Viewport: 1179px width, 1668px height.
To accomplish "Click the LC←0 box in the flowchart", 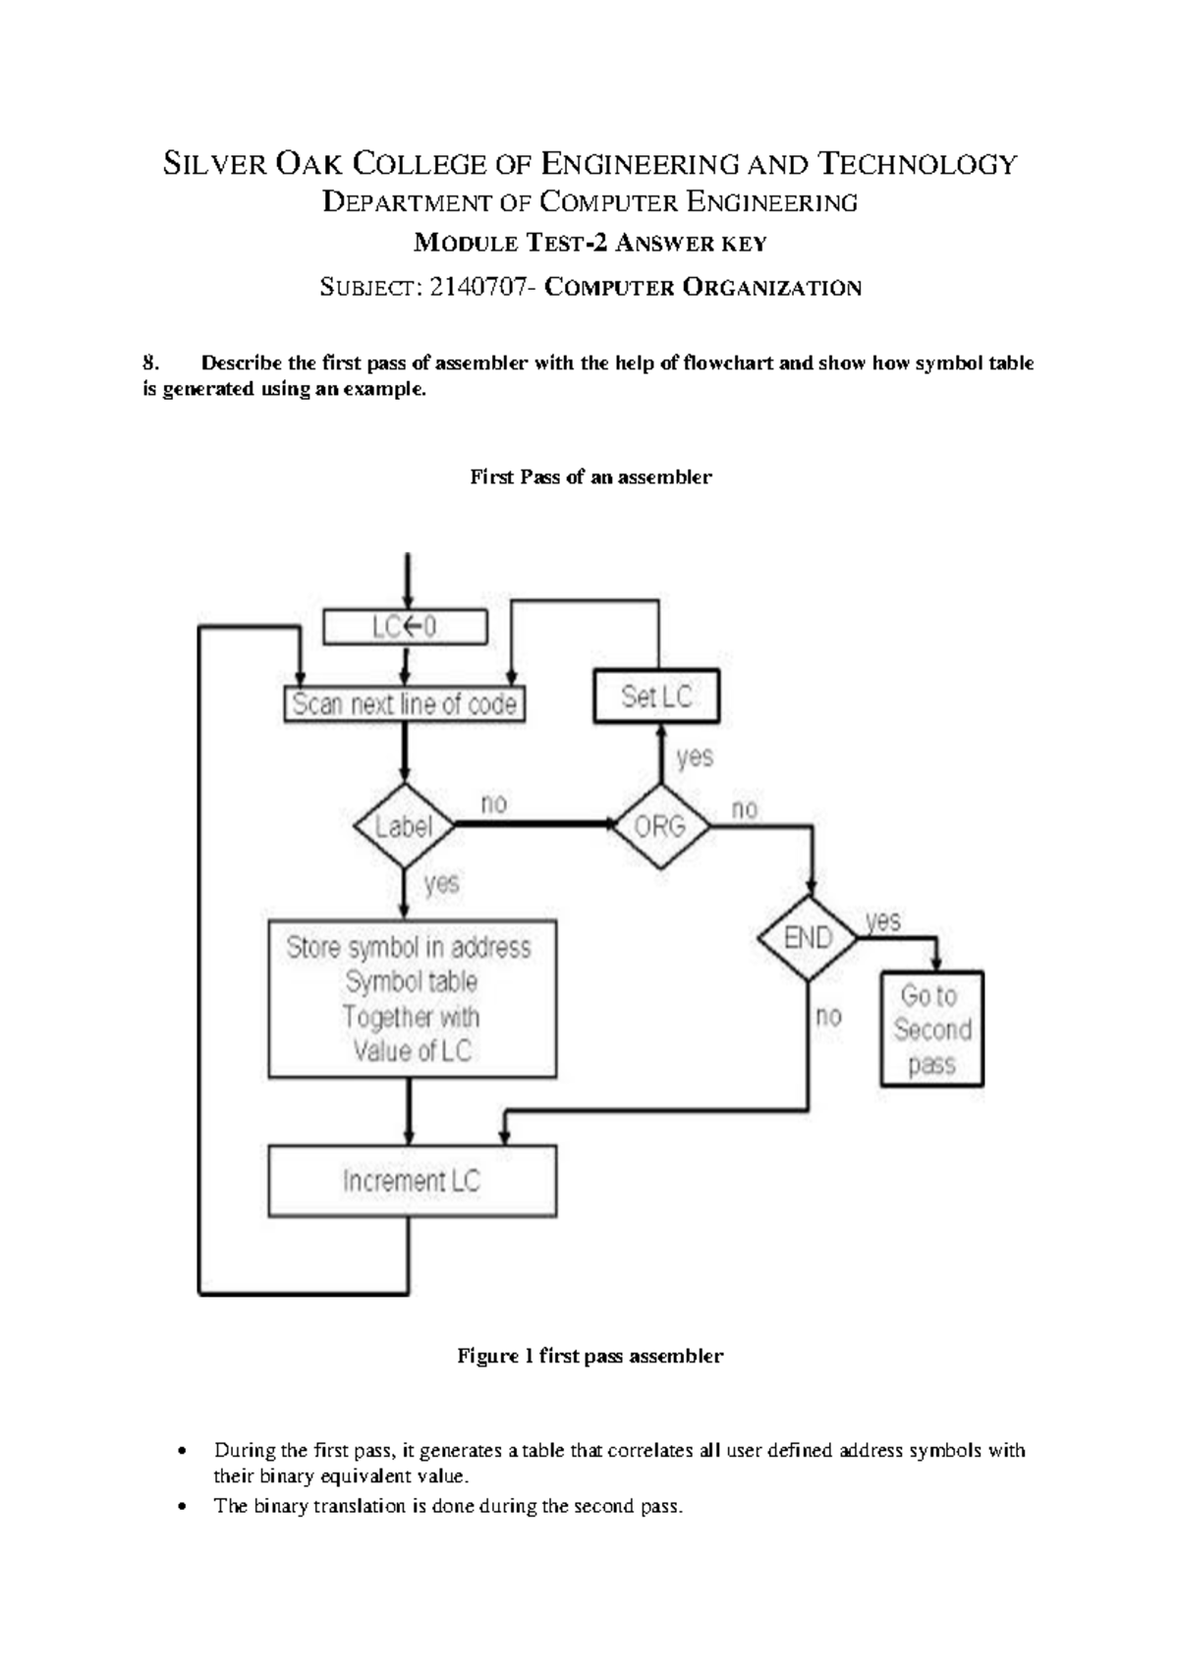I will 405,627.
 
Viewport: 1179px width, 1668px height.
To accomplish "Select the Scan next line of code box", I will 404,704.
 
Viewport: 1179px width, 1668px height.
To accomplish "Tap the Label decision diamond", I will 404,826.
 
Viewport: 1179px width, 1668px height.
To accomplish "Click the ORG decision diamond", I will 660,826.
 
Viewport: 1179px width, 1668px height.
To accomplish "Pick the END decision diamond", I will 808,937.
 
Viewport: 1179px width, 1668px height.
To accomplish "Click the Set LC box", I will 656,696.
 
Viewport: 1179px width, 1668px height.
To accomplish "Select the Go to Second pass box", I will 931,1029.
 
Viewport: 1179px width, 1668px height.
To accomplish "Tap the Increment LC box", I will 412,1180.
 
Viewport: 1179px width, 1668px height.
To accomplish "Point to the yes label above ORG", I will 695,757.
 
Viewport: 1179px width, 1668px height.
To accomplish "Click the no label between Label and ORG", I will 494,804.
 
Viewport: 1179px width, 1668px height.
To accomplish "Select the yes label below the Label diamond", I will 442,883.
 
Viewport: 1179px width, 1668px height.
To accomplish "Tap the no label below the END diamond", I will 829,1016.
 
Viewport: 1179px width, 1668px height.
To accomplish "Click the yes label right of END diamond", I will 883,920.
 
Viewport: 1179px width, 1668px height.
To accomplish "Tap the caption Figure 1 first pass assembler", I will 589,1356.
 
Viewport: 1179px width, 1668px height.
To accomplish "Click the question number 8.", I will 150,362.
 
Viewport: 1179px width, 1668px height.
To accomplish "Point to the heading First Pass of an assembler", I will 590,476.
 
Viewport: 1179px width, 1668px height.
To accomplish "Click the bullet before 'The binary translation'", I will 181,1507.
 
